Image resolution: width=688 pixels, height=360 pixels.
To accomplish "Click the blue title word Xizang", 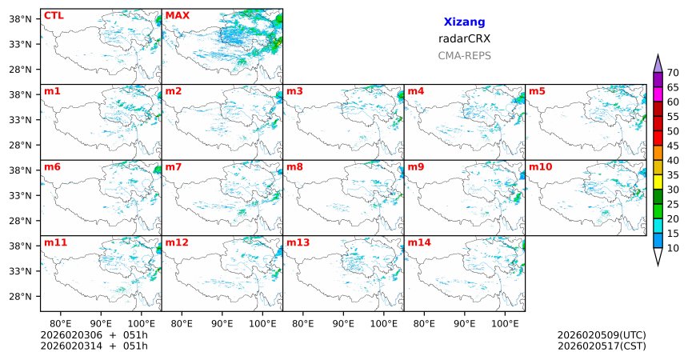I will click(x=464, y=22).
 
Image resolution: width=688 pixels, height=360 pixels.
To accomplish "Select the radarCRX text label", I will click(x=464, y=38).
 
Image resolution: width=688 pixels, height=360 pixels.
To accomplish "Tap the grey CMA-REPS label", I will click(x=464, y=56).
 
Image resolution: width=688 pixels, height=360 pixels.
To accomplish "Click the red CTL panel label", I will click(x=54, y=15).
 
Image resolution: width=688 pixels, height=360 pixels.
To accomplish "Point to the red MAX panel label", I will click(x=177, y=15).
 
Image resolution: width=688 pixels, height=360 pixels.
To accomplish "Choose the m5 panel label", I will click(x=537, y=91).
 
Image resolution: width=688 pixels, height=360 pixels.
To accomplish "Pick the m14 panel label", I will click(x=419, y=242).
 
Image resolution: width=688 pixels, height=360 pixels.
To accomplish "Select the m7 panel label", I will click(x=174, y=166).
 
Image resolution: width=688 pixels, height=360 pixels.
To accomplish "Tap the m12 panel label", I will click(x=177, y=242).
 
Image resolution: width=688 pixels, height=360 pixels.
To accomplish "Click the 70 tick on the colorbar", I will click(x=673, y=73).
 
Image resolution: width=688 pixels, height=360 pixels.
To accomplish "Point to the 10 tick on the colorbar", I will click(x=673, y=249).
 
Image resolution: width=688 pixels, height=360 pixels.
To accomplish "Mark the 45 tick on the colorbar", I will click(x=673, y=146).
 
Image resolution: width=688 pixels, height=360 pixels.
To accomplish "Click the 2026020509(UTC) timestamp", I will click(x=601, y=334).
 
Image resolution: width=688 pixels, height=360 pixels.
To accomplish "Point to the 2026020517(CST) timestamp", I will click(x=601, y=346).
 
